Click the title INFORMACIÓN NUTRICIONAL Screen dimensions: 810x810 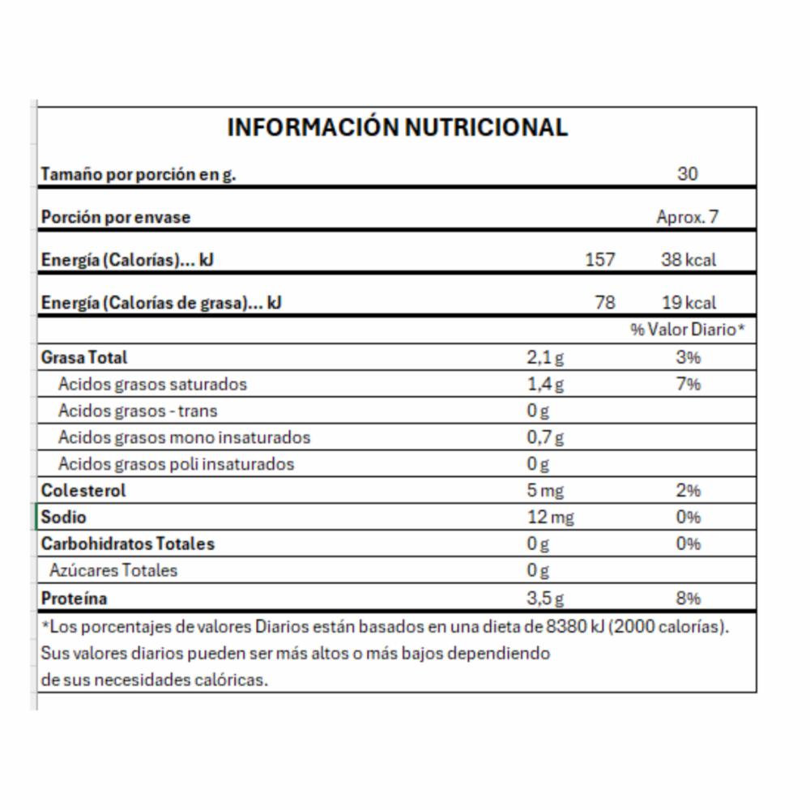[x=397, y=127]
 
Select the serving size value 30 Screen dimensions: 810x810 [x=687, y=173]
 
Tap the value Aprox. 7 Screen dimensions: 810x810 [x=687, y=217]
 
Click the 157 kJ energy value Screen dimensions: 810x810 [x=599, y=260]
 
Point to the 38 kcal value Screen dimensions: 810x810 [x=688, y=260]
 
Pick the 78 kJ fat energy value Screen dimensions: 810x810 [x=604, y=303]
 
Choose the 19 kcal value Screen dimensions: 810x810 [x=688, y=303]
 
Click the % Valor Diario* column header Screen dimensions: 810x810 [x=687, y=330]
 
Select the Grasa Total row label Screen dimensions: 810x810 [x=84, y=356]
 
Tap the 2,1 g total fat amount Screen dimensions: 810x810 [x=545, y=356]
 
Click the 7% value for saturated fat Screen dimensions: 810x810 [x=688, y=383]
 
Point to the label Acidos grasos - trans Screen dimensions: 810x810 [x=138, y=411]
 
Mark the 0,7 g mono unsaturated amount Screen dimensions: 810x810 [x=545, y=437]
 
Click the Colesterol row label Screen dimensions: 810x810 [x=83, y=490]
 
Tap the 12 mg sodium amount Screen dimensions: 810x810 [x=550, y=517]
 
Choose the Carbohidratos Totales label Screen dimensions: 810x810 [x=128, y=544]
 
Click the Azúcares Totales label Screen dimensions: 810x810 [x=113, y=570]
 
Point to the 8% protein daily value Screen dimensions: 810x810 [x=688, y=599]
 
